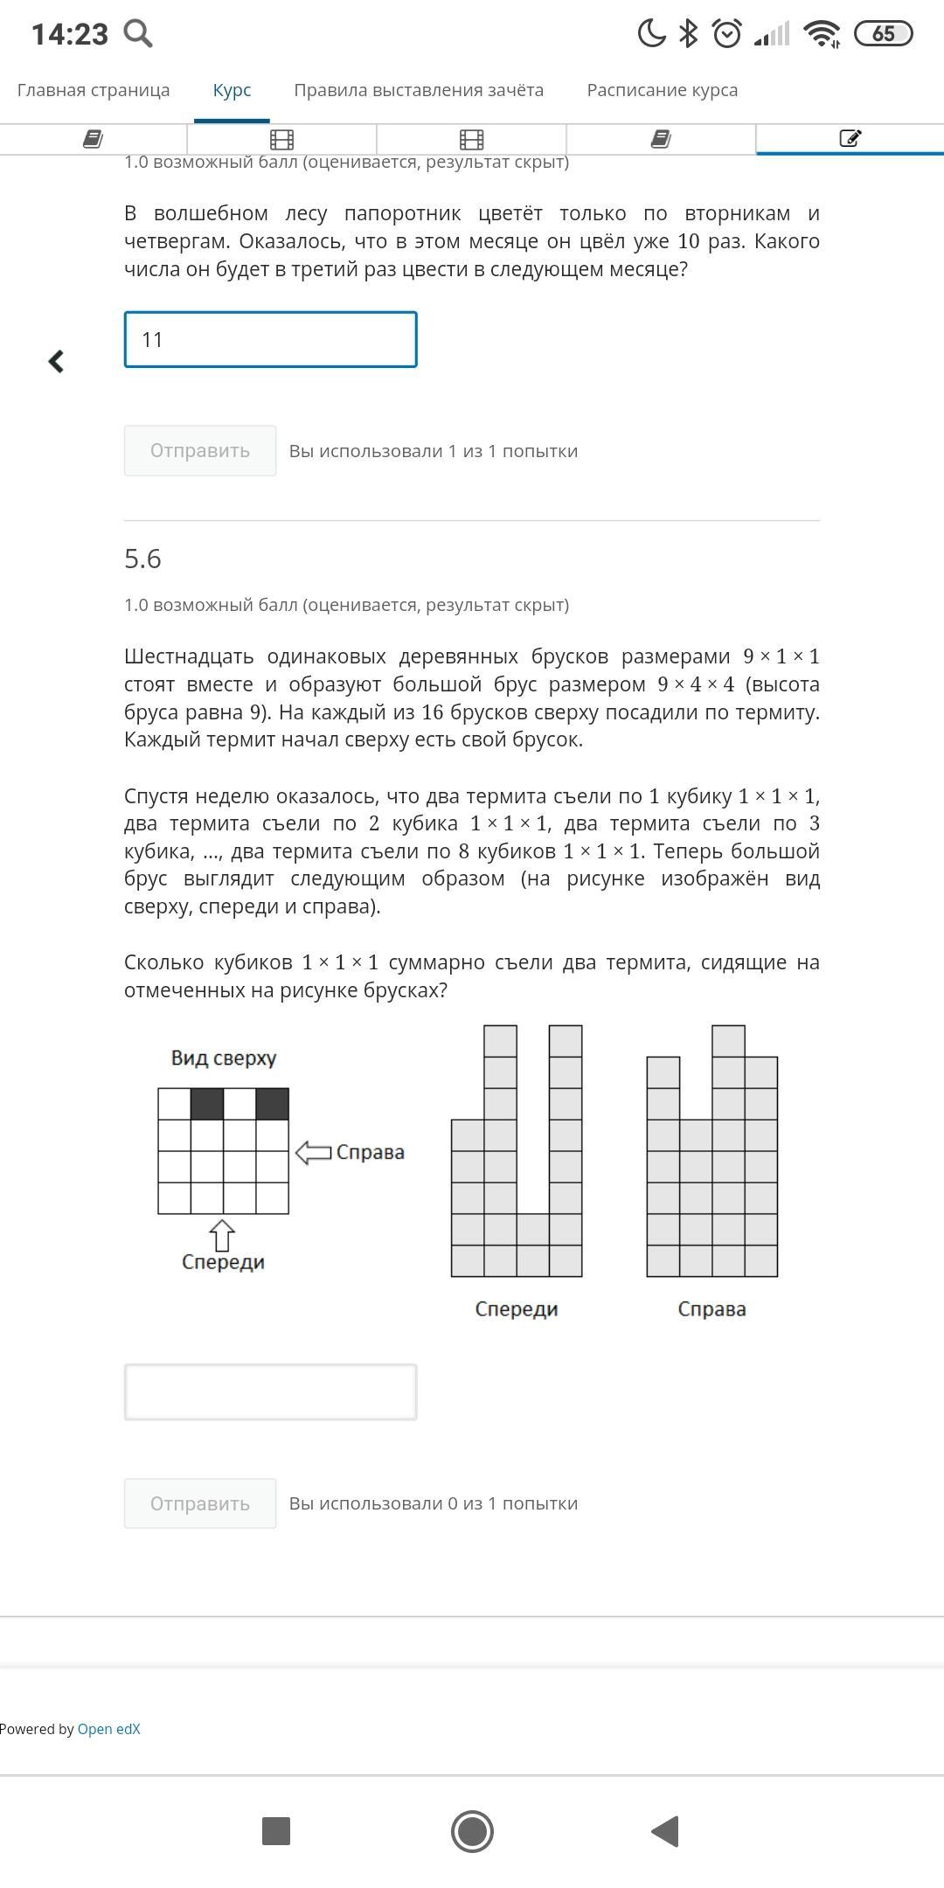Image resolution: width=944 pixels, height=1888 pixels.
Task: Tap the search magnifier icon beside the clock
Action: [x=138, y=33]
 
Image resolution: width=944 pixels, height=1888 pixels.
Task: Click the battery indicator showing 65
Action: [x=883, y=33]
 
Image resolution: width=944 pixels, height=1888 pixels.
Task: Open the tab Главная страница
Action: [x=94, y=90]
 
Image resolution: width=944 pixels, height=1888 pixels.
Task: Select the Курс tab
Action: [x=232, y=90]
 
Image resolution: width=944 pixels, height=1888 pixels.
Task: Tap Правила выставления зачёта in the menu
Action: [x=419, y=90]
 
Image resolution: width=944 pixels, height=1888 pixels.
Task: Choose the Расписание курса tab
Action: [x=663, y=90]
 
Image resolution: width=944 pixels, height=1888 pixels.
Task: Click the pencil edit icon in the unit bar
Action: [x=850, y=138]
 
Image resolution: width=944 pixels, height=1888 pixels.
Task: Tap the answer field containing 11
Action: [x=270, y=339]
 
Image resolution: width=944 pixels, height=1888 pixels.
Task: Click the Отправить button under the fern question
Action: [x=200, y=451]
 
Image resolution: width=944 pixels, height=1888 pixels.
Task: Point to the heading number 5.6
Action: [x=142, y=559]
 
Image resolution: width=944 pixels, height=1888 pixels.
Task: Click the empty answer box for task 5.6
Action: [x=270, y=1392]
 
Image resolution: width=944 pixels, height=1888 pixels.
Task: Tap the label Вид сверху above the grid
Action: [x=224, y=1059]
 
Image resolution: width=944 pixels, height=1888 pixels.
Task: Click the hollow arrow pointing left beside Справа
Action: [x=313, y=1152]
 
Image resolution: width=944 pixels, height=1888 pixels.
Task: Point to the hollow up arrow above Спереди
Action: [x=222, y=1235]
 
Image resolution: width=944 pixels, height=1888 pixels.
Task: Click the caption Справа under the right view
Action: [x=711, y=1309]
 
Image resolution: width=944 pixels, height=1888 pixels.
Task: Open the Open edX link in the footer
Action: [x=108, y=1729]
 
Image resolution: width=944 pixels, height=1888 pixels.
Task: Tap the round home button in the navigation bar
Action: [x=472, y=1831]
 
